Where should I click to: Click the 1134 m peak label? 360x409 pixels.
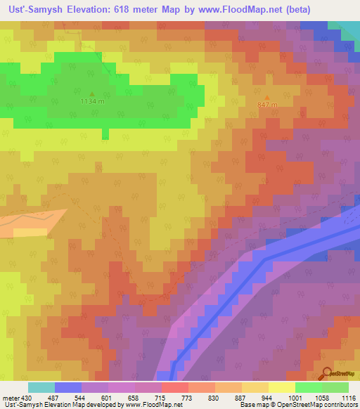(x=92, y=101)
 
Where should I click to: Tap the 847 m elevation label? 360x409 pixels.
(x=268, y=105)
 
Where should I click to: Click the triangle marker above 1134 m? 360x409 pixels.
(x=92, y=93)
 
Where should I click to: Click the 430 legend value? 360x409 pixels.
(x=27, y=398)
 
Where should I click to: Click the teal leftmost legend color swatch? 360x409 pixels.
(x=41, y=387)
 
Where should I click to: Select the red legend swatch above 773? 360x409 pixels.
(x=174, y=387)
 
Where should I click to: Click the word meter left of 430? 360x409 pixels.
(x=10, y=398)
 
